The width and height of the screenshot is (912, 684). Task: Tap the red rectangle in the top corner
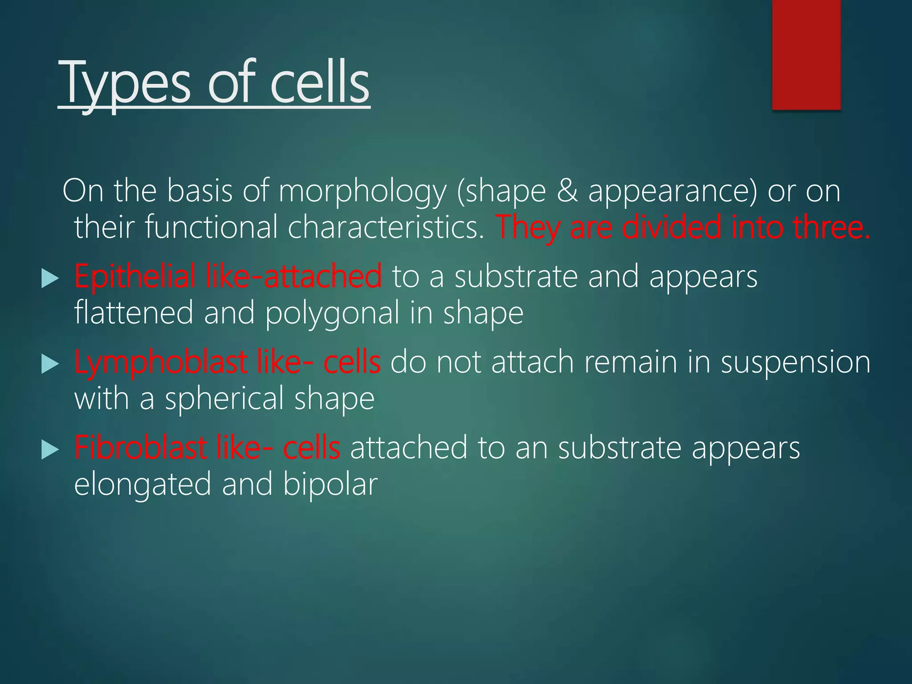(806, 54)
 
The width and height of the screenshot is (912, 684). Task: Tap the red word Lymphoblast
(161, 362)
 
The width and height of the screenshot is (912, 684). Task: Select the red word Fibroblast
(140, 448)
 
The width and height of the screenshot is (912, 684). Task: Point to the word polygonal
(332, 313)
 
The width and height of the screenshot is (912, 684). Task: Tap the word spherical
(225, 399)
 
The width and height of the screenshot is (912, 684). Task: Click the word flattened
(134, 313)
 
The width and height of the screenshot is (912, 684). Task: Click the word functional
(211, 227)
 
